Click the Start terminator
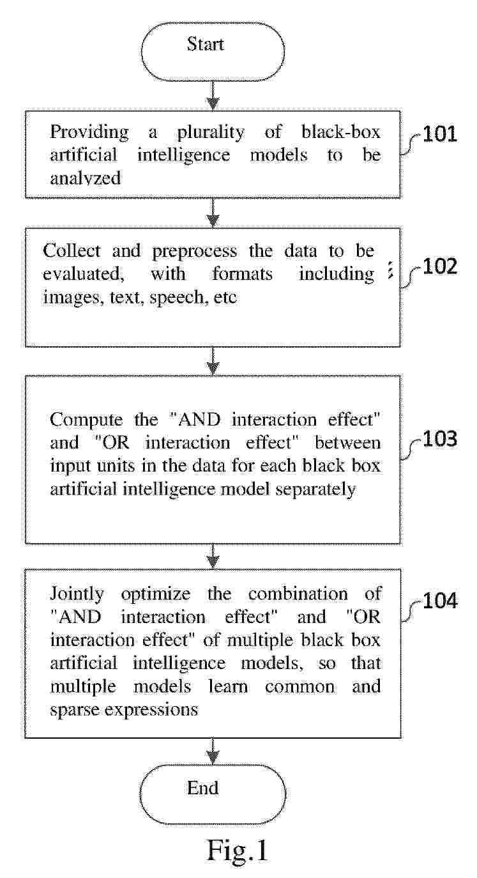coord(213,52)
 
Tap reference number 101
coord(440,134)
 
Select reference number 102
coord(440,266)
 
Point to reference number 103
coord(440,438)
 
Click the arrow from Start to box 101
coord(213,96)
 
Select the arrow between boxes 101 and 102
coord(213,213)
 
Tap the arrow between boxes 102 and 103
coord(213,361)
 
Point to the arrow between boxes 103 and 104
coord(213,556)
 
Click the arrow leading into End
coord(213,751)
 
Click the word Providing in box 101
coord(89,132)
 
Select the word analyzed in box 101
coord(86,179)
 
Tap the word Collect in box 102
coord(72,250)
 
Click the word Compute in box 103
coord(86,420)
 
